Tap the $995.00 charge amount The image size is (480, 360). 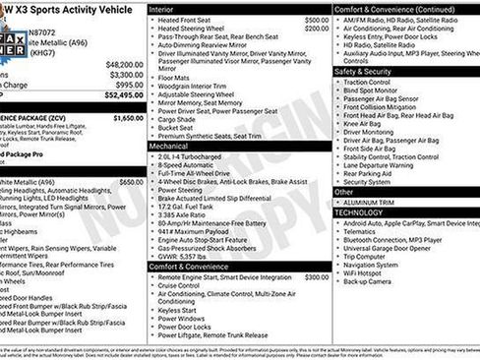(x=127, y=85)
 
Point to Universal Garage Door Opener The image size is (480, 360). (x=390, y=248)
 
